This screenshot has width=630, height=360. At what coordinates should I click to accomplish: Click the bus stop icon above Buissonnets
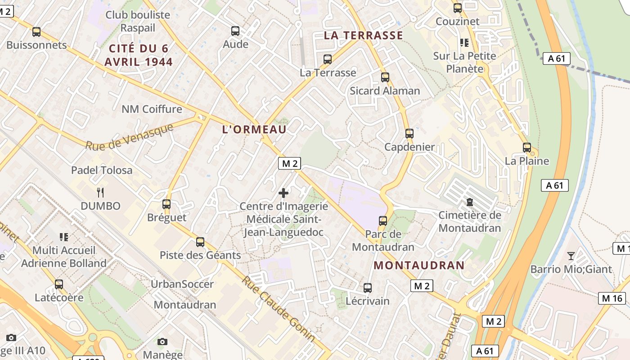tap(36, 32)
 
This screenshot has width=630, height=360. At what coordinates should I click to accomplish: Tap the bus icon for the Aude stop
tap(235, 31)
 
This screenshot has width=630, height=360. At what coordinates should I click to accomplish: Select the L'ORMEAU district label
tap(254, 130)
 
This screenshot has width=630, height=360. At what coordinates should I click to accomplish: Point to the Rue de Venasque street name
tap(130, 137)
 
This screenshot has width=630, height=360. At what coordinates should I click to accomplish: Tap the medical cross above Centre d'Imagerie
tap(283, 193)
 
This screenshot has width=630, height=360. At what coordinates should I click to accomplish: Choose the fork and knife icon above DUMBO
tap(100, 193)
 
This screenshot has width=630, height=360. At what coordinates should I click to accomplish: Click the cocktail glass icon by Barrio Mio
tap(571, 256)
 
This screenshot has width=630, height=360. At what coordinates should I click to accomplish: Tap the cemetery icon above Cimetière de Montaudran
tap(470, 202)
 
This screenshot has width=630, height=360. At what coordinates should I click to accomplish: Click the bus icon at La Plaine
tap(527, 147)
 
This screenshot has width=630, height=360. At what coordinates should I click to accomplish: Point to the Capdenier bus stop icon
tap(409, 134)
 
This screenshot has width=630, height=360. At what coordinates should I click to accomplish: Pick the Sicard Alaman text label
tap(385, 90)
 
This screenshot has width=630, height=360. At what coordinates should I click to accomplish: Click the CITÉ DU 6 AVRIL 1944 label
tap(139, 55)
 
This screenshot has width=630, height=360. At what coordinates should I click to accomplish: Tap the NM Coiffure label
tap(152, 109)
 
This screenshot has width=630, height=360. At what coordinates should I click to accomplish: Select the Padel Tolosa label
tap(102, 170)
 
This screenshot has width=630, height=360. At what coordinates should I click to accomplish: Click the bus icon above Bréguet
tap(166, 204)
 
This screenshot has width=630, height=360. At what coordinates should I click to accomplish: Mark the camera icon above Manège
tap(162, 342)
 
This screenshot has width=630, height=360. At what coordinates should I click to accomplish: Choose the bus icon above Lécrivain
tap(368, 288)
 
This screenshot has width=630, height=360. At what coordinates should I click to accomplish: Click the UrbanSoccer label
tap(182, 284)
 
